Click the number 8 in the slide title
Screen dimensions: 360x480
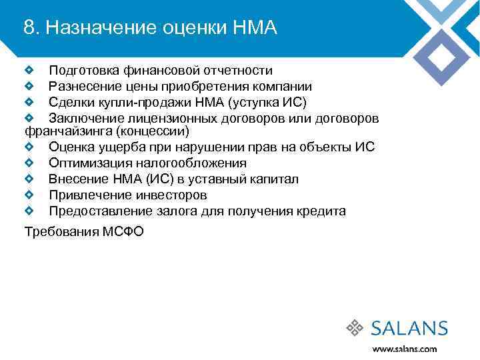click(29, 27)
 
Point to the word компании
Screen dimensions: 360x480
click(281, 87)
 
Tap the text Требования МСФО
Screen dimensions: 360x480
click(83, 232)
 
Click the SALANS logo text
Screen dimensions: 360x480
click(409, 328)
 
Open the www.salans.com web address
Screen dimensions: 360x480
click(404, 349)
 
